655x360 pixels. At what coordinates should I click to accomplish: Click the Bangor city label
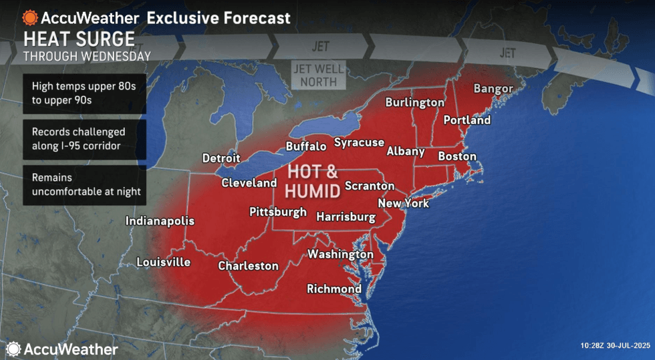493,89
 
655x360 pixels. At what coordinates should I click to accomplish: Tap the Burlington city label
414,103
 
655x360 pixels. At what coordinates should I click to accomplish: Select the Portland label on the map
467,120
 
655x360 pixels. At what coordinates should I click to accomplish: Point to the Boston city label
457,156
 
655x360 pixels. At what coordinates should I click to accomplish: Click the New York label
403,203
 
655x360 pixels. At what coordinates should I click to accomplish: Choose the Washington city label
340,254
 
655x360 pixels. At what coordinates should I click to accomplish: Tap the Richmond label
334,289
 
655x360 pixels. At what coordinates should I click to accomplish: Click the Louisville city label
163,262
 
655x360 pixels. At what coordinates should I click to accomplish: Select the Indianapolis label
160,221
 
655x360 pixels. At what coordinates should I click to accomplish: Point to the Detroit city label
221,158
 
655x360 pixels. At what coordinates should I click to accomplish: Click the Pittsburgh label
277,212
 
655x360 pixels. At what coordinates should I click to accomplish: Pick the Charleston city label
248,266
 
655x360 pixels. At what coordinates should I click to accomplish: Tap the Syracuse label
359,142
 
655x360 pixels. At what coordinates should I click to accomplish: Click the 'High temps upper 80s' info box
84,92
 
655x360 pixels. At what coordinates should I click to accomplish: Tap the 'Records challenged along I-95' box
84,139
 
